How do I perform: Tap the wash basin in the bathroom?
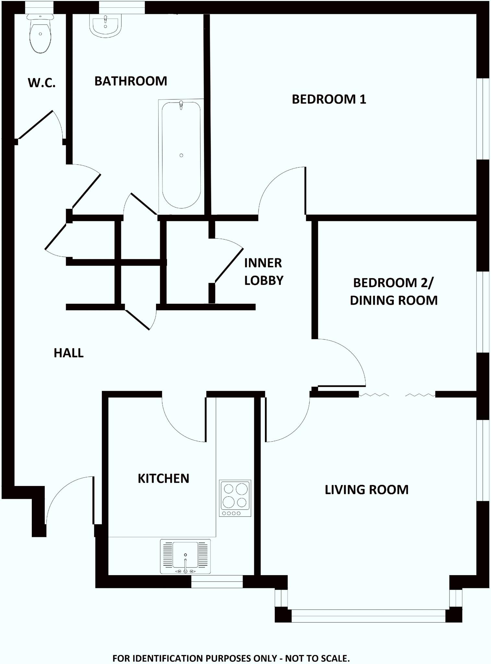pyautogui.click(x=105, y=26)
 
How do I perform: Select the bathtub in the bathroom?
pyautogui.click(x=181, y=156)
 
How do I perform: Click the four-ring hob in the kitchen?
pyautogui.click(x=235, y=498)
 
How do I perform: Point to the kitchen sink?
pyautogui.click(x=185, y=556)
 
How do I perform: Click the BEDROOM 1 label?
pyautogui.click(x=329, y=99)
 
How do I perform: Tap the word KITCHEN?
pyautogui.click(x=163, y=479)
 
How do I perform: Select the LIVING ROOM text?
pyautogui.click(x=366, y=490)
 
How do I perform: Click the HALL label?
pyautogui.click(x=68, y=353)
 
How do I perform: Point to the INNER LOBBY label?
pyautogui.click(x=263, y=272)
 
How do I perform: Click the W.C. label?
pyautogui.click(x=42, y=83)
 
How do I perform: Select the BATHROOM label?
pyautogui.click(x=131, y=81)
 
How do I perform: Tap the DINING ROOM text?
pyautogui.click(x=394, y=301)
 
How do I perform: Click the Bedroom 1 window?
pyautogui.click(x=483, y=119)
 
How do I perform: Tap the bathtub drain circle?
pyautogui.click(x=181, y=155)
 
